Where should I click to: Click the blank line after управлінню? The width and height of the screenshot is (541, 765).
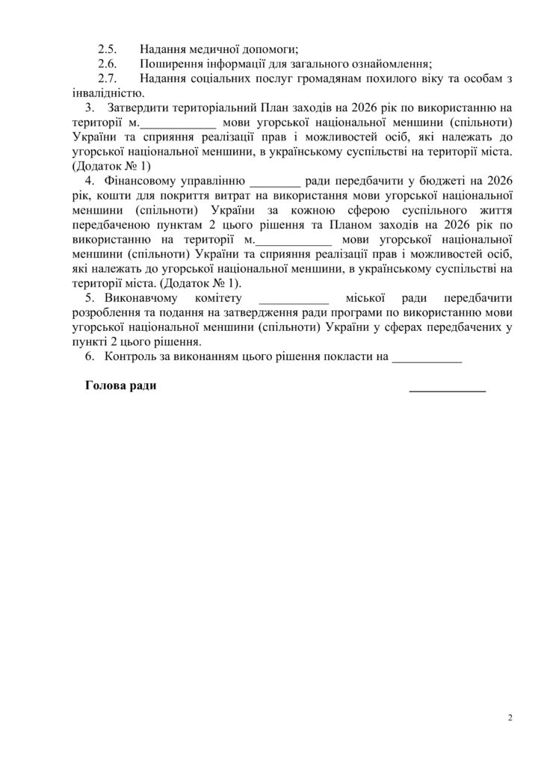(275, 181)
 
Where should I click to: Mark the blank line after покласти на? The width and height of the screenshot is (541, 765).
(427, 358)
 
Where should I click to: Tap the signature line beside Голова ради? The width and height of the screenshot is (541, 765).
(447, 389)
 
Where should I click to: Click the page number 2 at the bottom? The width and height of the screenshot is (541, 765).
(510, 719)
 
